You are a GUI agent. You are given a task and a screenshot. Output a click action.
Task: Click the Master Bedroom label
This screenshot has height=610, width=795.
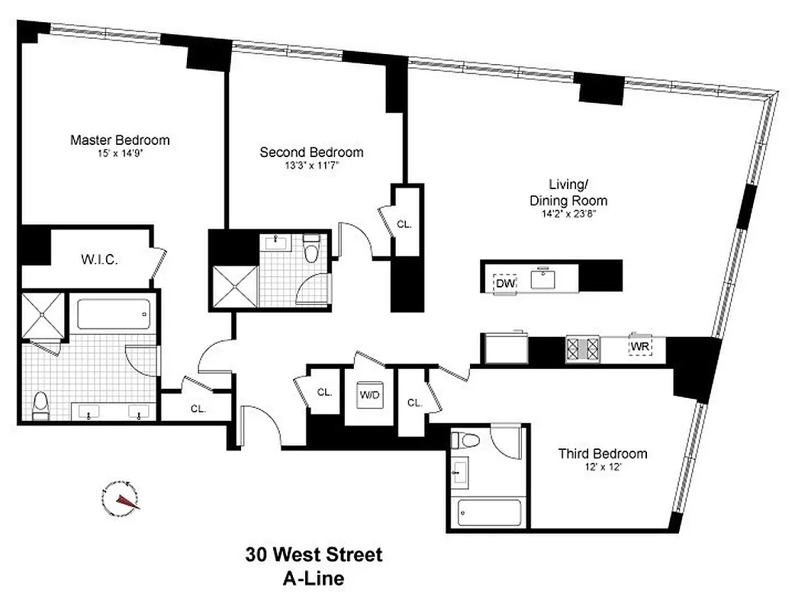[120, 140]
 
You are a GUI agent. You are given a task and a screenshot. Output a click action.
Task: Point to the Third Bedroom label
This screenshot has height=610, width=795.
[602, 454]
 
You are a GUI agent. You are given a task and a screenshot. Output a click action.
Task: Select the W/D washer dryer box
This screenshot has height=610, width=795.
[370, 395]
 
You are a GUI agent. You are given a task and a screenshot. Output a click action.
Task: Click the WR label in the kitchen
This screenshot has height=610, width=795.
[639, 347]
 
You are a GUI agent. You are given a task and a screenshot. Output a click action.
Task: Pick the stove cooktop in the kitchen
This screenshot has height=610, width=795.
[583, 348]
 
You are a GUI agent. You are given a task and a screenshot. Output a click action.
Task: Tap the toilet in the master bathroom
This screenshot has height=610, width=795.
[41, 403]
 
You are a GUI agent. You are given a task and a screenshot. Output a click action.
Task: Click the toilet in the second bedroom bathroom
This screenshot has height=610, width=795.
[311, 251]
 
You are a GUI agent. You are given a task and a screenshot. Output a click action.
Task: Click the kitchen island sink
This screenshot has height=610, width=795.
[544, 279]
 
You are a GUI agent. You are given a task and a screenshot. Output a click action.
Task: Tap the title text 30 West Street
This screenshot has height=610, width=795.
[314, 554]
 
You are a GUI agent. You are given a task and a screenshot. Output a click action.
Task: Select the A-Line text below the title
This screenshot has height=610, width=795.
[314, 578]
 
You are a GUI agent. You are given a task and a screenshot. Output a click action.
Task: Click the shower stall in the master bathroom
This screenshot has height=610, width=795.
[43, 316]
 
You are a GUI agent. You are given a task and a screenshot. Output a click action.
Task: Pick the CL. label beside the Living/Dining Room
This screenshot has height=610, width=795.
[404, 224]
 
